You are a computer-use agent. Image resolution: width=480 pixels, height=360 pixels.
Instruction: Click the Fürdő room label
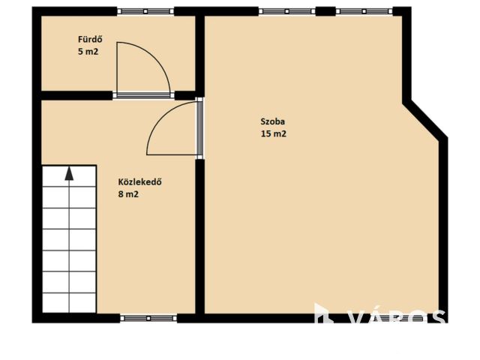click(x=90, y=40)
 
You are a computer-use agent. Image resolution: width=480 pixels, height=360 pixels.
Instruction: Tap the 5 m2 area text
click(x=88, y=52)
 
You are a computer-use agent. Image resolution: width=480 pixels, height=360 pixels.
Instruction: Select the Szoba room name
click(x=272, y=121)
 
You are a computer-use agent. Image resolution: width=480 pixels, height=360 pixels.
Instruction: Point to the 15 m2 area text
click(x=273, y=133)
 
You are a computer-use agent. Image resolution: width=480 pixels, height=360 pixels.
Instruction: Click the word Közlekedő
click(x=140, y=182)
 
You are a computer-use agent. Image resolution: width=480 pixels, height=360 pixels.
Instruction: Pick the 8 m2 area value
click(x=128, y=194)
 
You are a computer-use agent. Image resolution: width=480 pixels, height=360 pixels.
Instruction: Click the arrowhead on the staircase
click(x=70, y=173)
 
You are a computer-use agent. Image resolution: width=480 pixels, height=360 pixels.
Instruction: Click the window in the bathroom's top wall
click(x=145, y=11)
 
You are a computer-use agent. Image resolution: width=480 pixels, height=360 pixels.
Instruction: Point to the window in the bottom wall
click(x=148, y=318)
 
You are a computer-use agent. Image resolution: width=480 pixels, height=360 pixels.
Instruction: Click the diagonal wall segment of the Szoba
click(x=425, y=119)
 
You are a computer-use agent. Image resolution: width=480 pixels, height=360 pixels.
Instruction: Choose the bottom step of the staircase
click(x=69, y=303)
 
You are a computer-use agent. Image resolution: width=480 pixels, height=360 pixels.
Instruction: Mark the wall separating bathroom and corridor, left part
click(x=76, y=95)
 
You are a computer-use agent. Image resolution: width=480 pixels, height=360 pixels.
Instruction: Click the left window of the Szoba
click(x=286, y=11)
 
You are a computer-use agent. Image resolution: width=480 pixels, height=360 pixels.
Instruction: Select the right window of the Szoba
click(x=364, y=11)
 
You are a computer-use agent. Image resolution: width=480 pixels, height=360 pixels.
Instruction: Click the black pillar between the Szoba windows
click(x=325, y=11)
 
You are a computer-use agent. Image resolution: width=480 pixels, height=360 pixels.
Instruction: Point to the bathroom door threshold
click(x=143, y=95)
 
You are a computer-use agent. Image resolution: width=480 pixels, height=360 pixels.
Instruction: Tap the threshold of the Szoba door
click(x=199, y=128)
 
